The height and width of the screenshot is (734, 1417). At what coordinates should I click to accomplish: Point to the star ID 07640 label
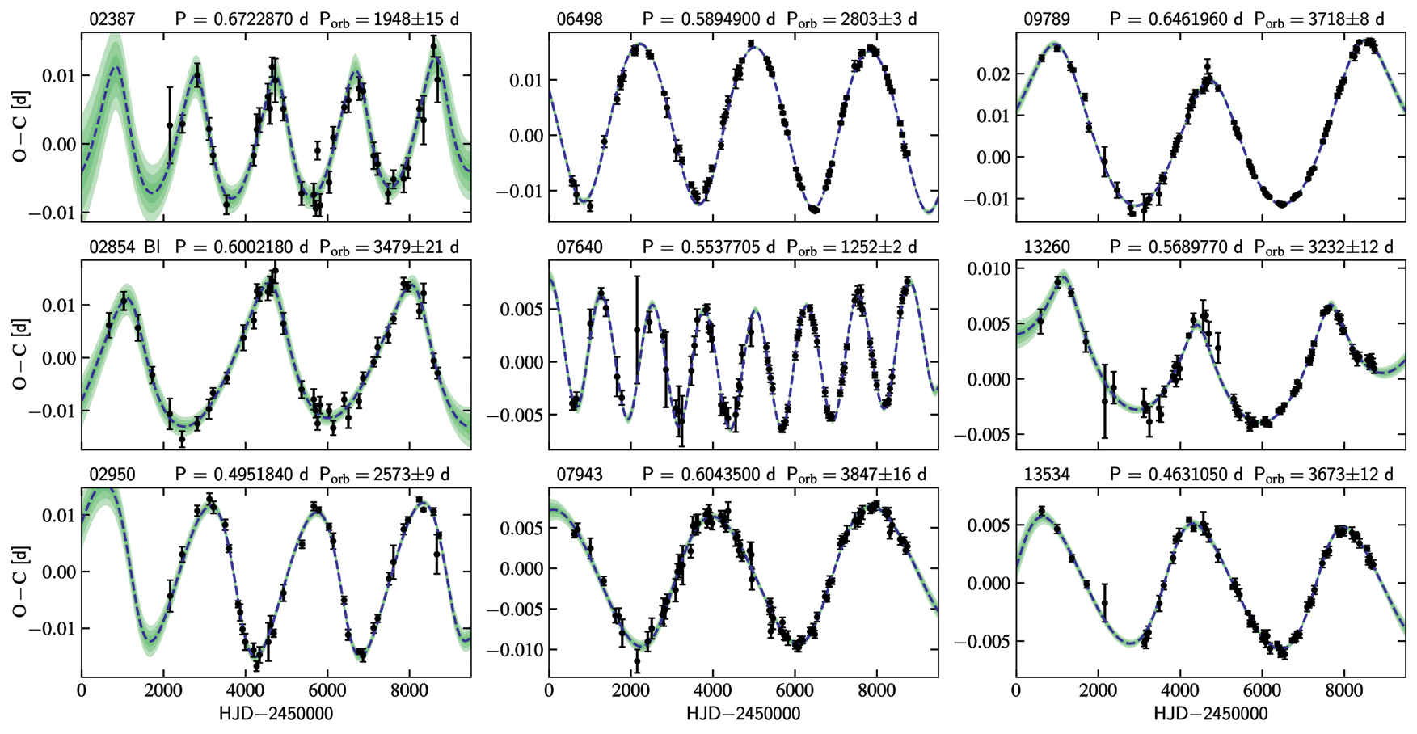tap(580, 247)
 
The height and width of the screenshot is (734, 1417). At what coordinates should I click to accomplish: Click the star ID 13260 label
tap(1047, 247)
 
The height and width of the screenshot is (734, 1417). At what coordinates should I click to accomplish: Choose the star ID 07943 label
tap(580, 475)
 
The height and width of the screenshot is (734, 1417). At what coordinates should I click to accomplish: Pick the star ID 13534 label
tap(1047, 475)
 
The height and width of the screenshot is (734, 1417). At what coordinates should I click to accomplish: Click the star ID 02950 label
tap(112, 475)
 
